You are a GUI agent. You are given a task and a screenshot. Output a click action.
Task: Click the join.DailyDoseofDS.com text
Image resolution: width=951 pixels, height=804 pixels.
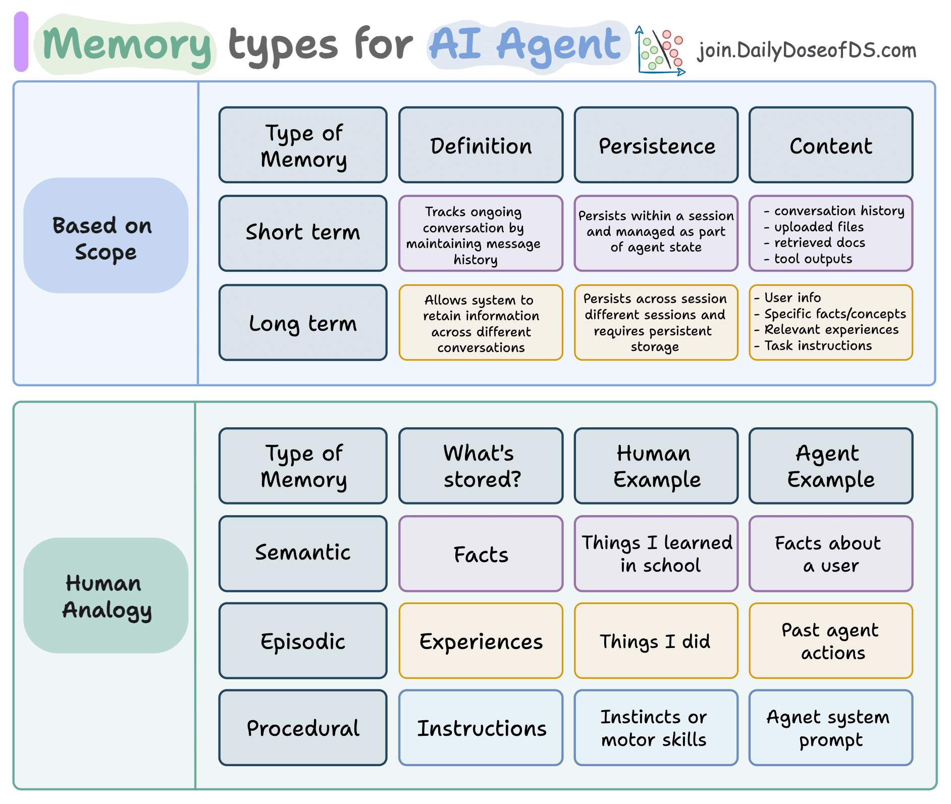[807, 51]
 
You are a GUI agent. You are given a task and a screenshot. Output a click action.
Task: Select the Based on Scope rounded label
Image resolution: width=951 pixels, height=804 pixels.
[105, 236]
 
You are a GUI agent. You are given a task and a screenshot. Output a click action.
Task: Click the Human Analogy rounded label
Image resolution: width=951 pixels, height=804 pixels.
[105, 596]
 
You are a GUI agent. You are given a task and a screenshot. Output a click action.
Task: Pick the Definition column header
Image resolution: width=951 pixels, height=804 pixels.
[481, 145]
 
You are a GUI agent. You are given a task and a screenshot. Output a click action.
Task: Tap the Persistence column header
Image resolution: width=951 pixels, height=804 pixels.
[656, 145]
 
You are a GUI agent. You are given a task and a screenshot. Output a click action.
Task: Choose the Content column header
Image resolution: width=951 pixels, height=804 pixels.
[831, 145]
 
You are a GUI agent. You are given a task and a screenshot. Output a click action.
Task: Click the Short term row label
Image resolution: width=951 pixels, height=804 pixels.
[303, 233]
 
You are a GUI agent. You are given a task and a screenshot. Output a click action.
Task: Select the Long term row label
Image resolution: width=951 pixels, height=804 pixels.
[303, 323]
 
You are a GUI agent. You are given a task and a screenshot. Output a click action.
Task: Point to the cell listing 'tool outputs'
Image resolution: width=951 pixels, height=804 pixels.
[831, 234]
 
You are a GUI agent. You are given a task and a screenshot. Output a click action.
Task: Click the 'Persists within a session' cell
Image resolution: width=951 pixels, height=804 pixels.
[656, 233]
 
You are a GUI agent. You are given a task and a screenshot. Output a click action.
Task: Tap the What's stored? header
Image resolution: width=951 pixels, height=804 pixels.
[481, 466]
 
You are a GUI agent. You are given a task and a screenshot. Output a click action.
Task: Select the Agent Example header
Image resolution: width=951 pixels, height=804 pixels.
[831, 466]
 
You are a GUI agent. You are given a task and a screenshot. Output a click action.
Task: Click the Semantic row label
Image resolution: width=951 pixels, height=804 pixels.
[303, 554]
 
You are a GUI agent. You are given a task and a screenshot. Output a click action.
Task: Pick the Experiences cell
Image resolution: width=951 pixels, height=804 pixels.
[481, 641]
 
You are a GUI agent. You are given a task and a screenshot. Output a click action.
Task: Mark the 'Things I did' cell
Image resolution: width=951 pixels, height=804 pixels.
[656, 641]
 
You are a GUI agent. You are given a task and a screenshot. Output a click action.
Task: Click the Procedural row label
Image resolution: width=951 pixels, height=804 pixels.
[303, 728]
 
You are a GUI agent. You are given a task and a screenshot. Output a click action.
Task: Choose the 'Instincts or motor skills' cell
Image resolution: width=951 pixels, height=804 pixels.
[656, 728]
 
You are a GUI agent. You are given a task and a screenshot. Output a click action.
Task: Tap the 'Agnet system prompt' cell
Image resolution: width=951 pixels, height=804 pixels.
[831, 728]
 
